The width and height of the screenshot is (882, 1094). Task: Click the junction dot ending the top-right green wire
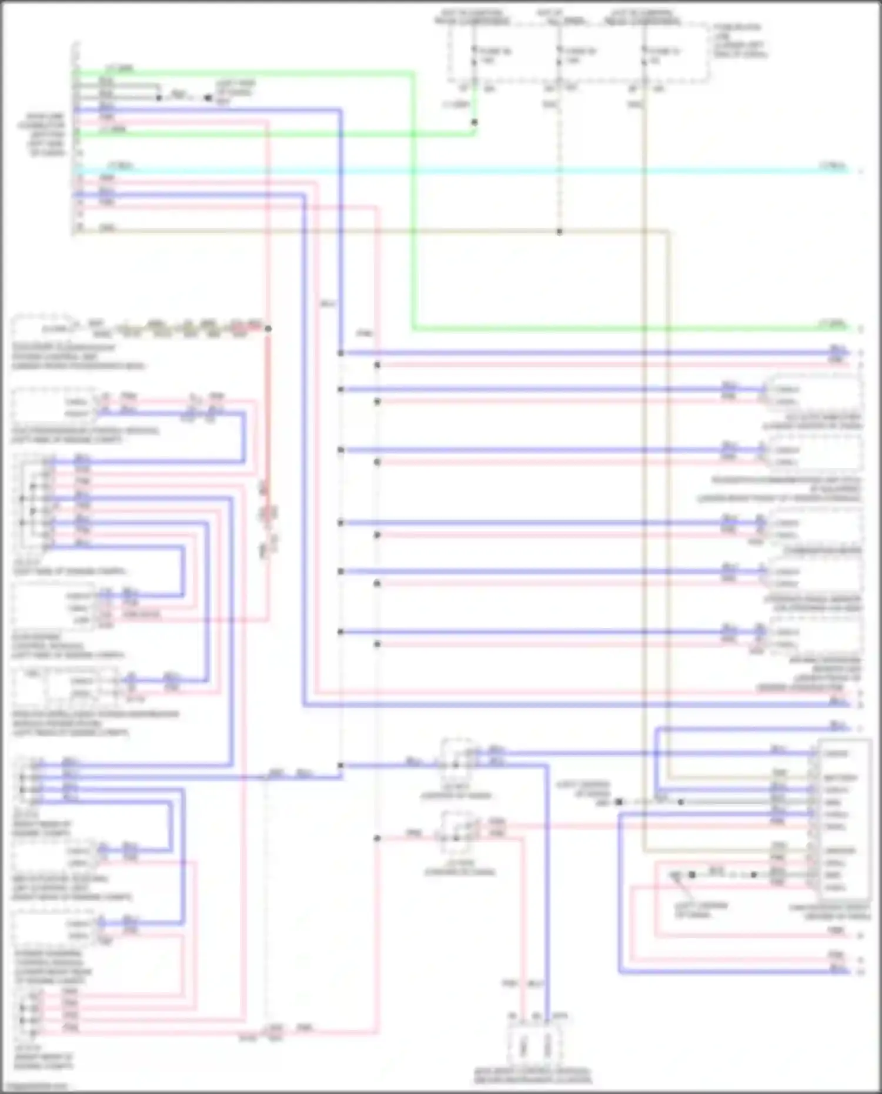pyautogui.click(x=475, y=122)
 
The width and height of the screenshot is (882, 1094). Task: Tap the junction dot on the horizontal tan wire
pyautogui.click(x=559, y=232)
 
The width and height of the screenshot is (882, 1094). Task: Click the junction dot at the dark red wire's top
pyautogui.click(x=268, y=329)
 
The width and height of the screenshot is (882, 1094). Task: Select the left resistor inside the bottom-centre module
pyautogui.click(x=524, y=1046)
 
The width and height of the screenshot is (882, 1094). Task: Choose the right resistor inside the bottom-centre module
pyautogui.click(x=548, y=1046)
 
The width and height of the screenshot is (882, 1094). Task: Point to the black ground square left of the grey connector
pyautogui.click(x=619, y=802)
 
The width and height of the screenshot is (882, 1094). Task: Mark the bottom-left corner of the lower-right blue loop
pyautogui.click(x=620, y=972)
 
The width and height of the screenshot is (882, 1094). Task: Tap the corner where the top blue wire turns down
pyautogui.click(x=340, y=110)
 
